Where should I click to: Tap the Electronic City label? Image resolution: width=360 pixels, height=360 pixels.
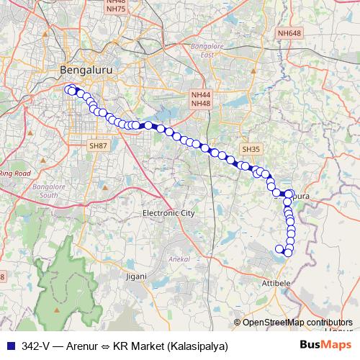click(168, 213)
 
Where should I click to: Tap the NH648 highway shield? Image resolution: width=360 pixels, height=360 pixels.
click(289, 33)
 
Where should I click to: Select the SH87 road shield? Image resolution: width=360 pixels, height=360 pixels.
click(98, 145)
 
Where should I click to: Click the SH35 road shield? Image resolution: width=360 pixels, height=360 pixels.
click(250, 149)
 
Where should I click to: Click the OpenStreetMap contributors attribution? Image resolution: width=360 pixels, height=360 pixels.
click(297, 323)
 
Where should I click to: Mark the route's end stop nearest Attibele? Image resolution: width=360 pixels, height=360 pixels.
click(280, 249)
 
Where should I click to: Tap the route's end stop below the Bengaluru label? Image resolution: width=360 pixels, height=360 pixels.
click(69, 89)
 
